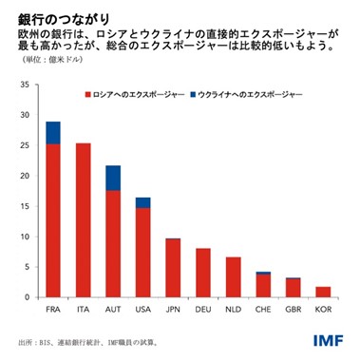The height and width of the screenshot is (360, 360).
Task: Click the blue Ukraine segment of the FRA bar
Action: pyautogui.click(x=52, y=133)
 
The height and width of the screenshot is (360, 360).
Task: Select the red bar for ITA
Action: pyautogui.click(x=83, y=219)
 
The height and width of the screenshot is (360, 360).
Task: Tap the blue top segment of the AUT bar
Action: pyautogui.click(x=113, y=178)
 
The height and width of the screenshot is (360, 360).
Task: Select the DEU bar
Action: pyautogui.click(x=203, y=273)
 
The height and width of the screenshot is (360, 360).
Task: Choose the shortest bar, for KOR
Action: pyautogui.click(x=324, y=292)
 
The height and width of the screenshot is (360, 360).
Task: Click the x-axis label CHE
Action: pyautogui.click(x=263, y=309)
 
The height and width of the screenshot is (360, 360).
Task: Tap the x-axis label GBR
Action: pyautogui.click(x=294, y=309)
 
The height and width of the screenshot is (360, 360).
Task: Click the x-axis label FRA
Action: pyautogui.click(x=52, y=309)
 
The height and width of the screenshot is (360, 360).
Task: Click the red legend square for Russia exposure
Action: pyautogui.click(x=87, y=96)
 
